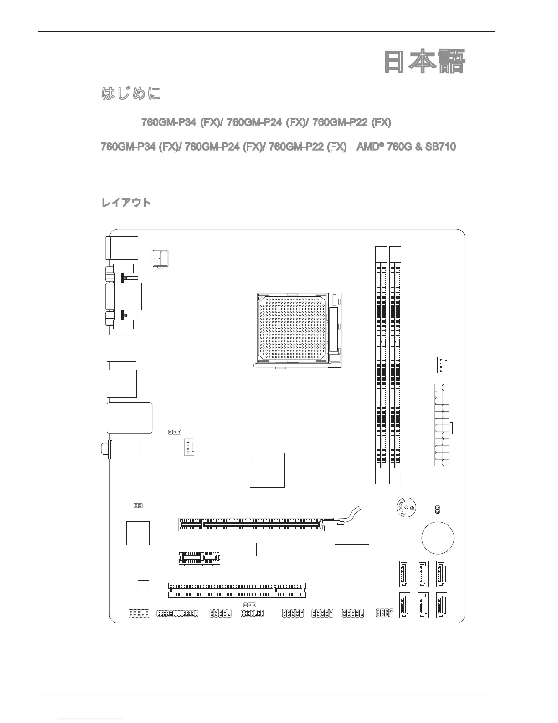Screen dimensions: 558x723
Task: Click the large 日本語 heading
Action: point(424,63)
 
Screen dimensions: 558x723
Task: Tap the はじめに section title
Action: point(131,94)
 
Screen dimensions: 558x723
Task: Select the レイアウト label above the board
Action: point(126,203)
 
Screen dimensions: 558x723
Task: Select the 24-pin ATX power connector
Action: point(442,425)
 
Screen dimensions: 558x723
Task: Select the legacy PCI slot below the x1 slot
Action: point(237,590)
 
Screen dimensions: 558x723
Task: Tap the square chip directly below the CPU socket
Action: point(267,470)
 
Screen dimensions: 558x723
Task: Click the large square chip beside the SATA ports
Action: point(351,561)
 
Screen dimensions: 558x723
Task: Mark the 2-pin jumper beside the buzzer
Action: point(438,509)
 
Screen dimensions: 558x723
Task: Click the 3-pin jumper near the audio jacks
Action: point(175,432)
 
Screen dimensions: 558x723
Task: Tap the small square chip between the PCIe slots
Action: point(249,550)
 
